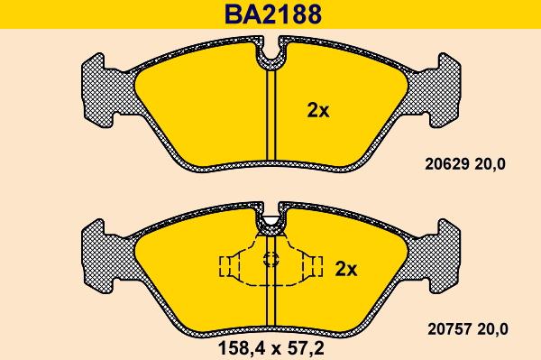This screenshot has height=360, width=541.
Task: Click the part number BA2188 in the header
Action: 273,14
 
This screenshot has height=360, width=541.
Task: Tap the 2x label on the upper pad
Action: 318,111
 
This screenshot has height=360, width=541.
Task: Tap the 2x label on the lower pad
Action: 346,269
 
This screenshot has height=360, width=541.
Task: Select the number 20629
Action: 447,164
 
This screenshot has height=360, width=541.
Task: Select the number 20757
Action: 450,329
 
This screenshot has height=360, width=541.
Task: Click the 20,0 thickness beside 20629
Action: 491,164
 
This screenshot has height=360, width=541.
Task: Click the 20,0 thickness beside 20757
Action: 493,329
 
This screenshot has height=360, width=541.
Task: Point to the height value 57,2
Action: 305,348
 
